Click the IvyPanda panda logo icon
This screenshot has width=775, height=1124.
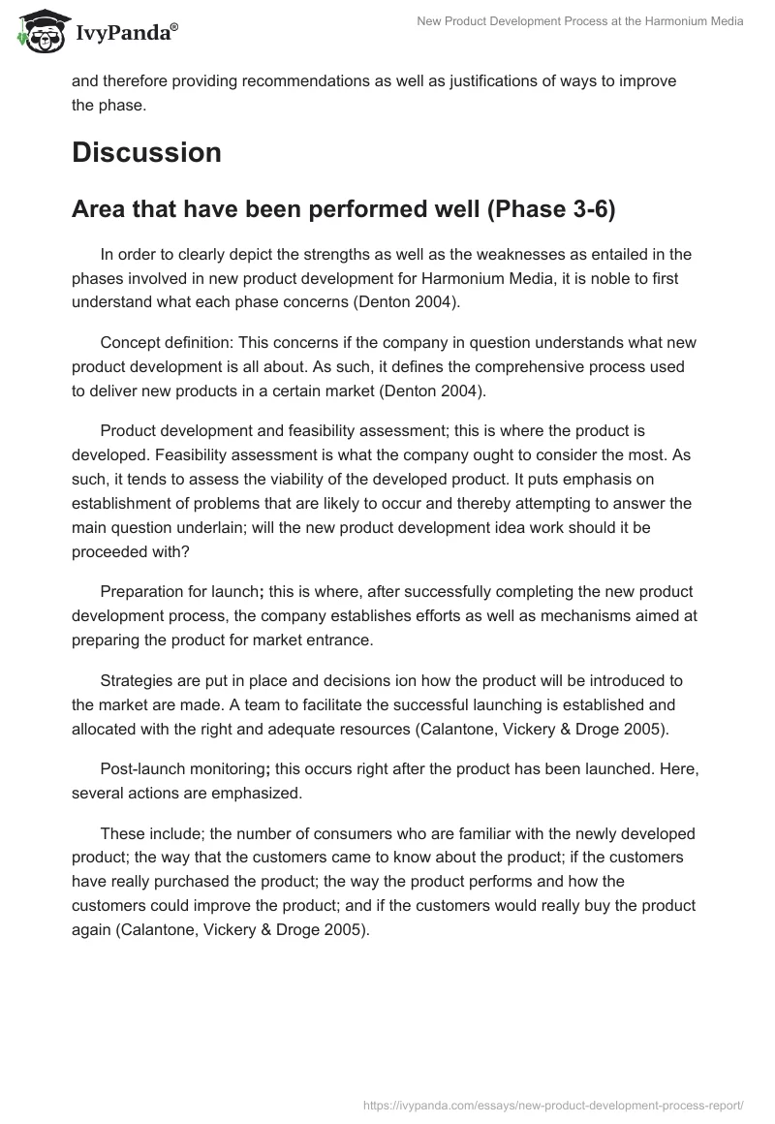tap(39, 31)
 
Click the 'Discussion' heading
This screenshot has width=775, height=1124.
tap(146, 152)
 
